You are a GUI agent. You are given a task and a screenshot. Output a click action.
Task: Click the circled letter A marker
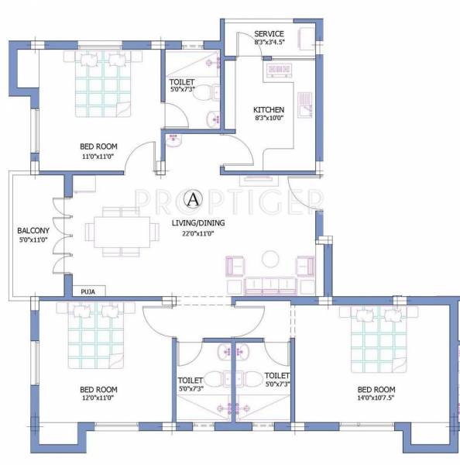(x=192, y=200)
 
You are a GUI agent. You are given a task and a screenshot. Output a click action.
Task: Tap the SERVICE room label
(x=269, y=34)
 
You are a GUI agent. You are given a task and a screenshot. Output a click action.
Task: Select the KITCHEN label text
(x=269, y=110)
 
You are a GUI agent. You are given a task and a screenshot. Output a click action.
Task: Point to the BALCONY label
(x=33, y=231)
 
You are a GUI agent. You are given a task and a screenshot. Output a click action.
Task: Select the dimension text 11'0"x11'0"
(x=98, y=156)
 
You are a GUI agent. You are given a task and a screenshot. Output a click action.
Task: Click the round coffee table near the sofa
(x=270, y=258)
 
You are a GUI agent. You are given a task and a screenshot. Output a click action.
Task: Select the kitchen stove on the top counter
(x=277, y=71)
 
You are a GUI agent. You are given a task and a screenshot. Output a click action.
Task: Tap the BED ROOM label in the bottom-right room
(x=376, y=389)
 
